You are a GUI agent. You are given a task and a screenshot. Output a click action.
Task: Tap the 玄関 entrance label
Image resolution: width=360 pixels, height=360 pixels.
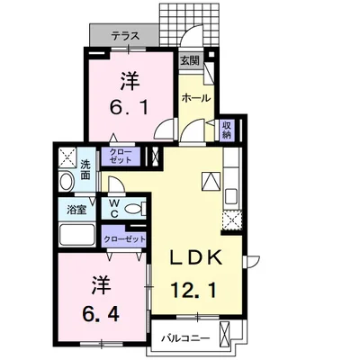pyautogui.click(x=189, y=60)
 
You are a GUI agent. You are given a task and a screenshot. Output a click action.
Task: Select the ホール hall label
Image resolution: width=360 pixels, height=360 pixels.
pyautogui.click(x=195, y=97)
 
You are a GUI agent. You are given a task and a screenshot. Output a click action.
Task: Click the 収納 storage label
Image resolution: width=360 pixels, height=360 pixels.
pyautogui.click(x=227, y=130)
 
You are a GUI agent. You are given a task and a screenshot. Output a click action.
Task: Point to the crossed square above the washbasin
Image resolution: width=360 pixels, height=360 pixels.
pyautogui.click(x=65, y=157)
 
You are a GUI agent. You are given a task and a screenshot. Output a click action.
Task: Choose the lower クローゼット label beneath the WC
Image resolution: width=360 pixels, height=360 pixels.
pyautogui.click(x=123, y=238)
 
